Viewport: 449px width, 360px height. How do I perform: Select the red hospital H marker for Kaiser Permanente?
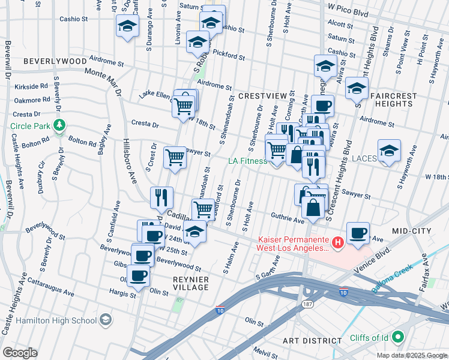coord(338,242)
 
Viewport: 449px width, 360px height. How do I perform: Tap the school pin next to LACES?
coord(389,151)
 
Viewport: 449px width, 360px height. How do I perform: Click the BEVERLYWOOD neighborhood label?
coord(55,62)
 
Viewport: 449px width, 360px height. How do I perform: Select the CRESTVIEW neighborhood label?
coord(261,96)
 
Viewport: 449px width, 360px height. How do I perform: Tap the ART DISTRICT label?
coord(312,341)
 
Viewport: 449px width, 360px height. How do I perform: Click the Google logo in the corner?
coord(20,352)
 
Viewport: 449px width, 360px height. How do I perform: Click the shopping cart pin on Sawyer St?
coord(175,158)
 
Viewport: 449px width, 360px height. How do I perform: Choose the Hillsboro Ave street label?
coord(130,159)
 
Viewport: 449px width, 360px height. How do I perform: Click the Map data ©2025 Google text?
coord(411,355)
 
